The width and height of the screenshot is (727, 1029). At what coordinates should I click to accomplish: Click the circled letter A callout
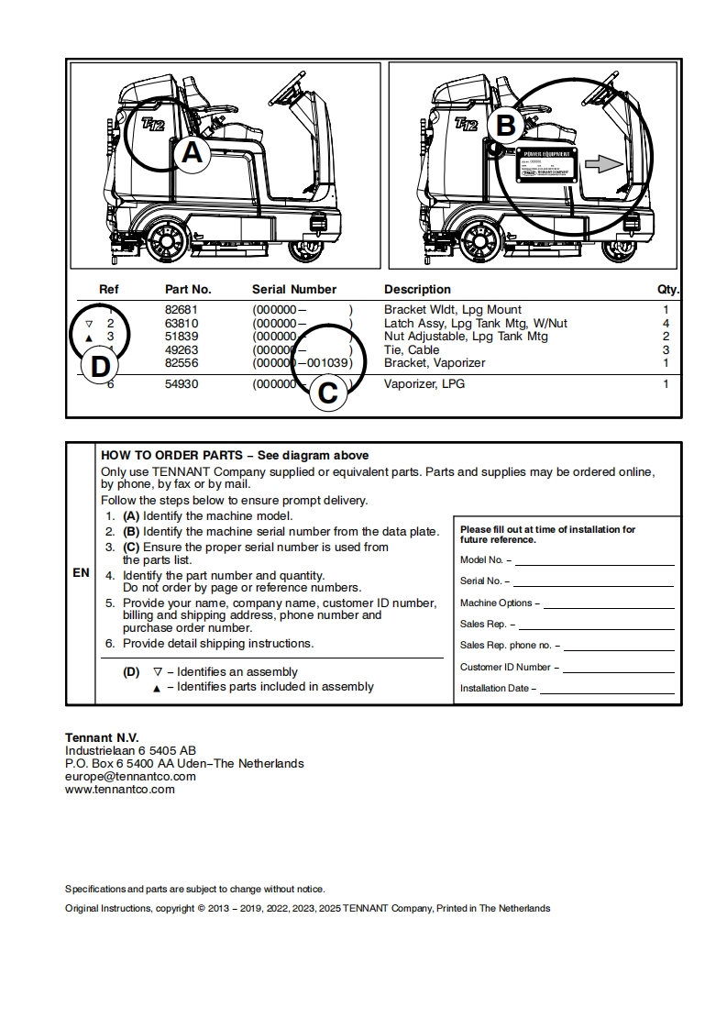tap(192, 152)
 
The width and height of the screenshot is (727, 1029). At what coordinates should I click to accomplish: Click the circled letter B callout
tap(505, 125)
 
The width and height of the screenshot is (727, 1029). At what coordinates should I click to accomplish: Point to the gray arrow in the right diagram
tap(603, 163)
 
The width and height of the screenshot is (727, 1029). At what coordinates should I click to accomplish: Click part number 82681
tap(182, 310)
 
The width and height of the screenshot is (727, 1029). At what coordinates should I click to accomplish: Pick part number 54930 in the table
tap(182, 384)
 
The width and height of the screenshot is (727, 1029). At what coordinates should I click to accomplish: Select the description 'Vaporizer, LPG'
tap(424, 384)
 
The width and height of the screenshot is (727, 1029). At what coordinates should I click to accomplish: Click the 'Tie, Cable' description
tap(412, 349)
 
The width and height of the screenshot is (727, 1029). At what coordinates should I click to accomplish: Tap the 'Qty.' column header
tap(667, 289)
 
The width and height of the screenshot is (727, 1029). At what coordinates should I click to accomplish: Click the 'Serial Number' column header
tap(294, 289)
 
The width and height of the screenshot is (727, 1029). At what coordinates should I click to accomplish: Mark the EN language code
tap(81, 573)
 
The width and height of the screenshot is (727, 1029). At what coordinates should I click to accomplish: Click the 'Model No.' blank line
tap(594, 560)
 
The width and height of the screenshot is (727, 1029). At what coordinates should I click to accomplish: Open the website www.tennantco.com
tap(119, 789)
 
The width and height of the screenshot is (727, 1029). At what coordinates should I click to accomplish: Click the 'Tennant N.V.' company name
tap(102, 737)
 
